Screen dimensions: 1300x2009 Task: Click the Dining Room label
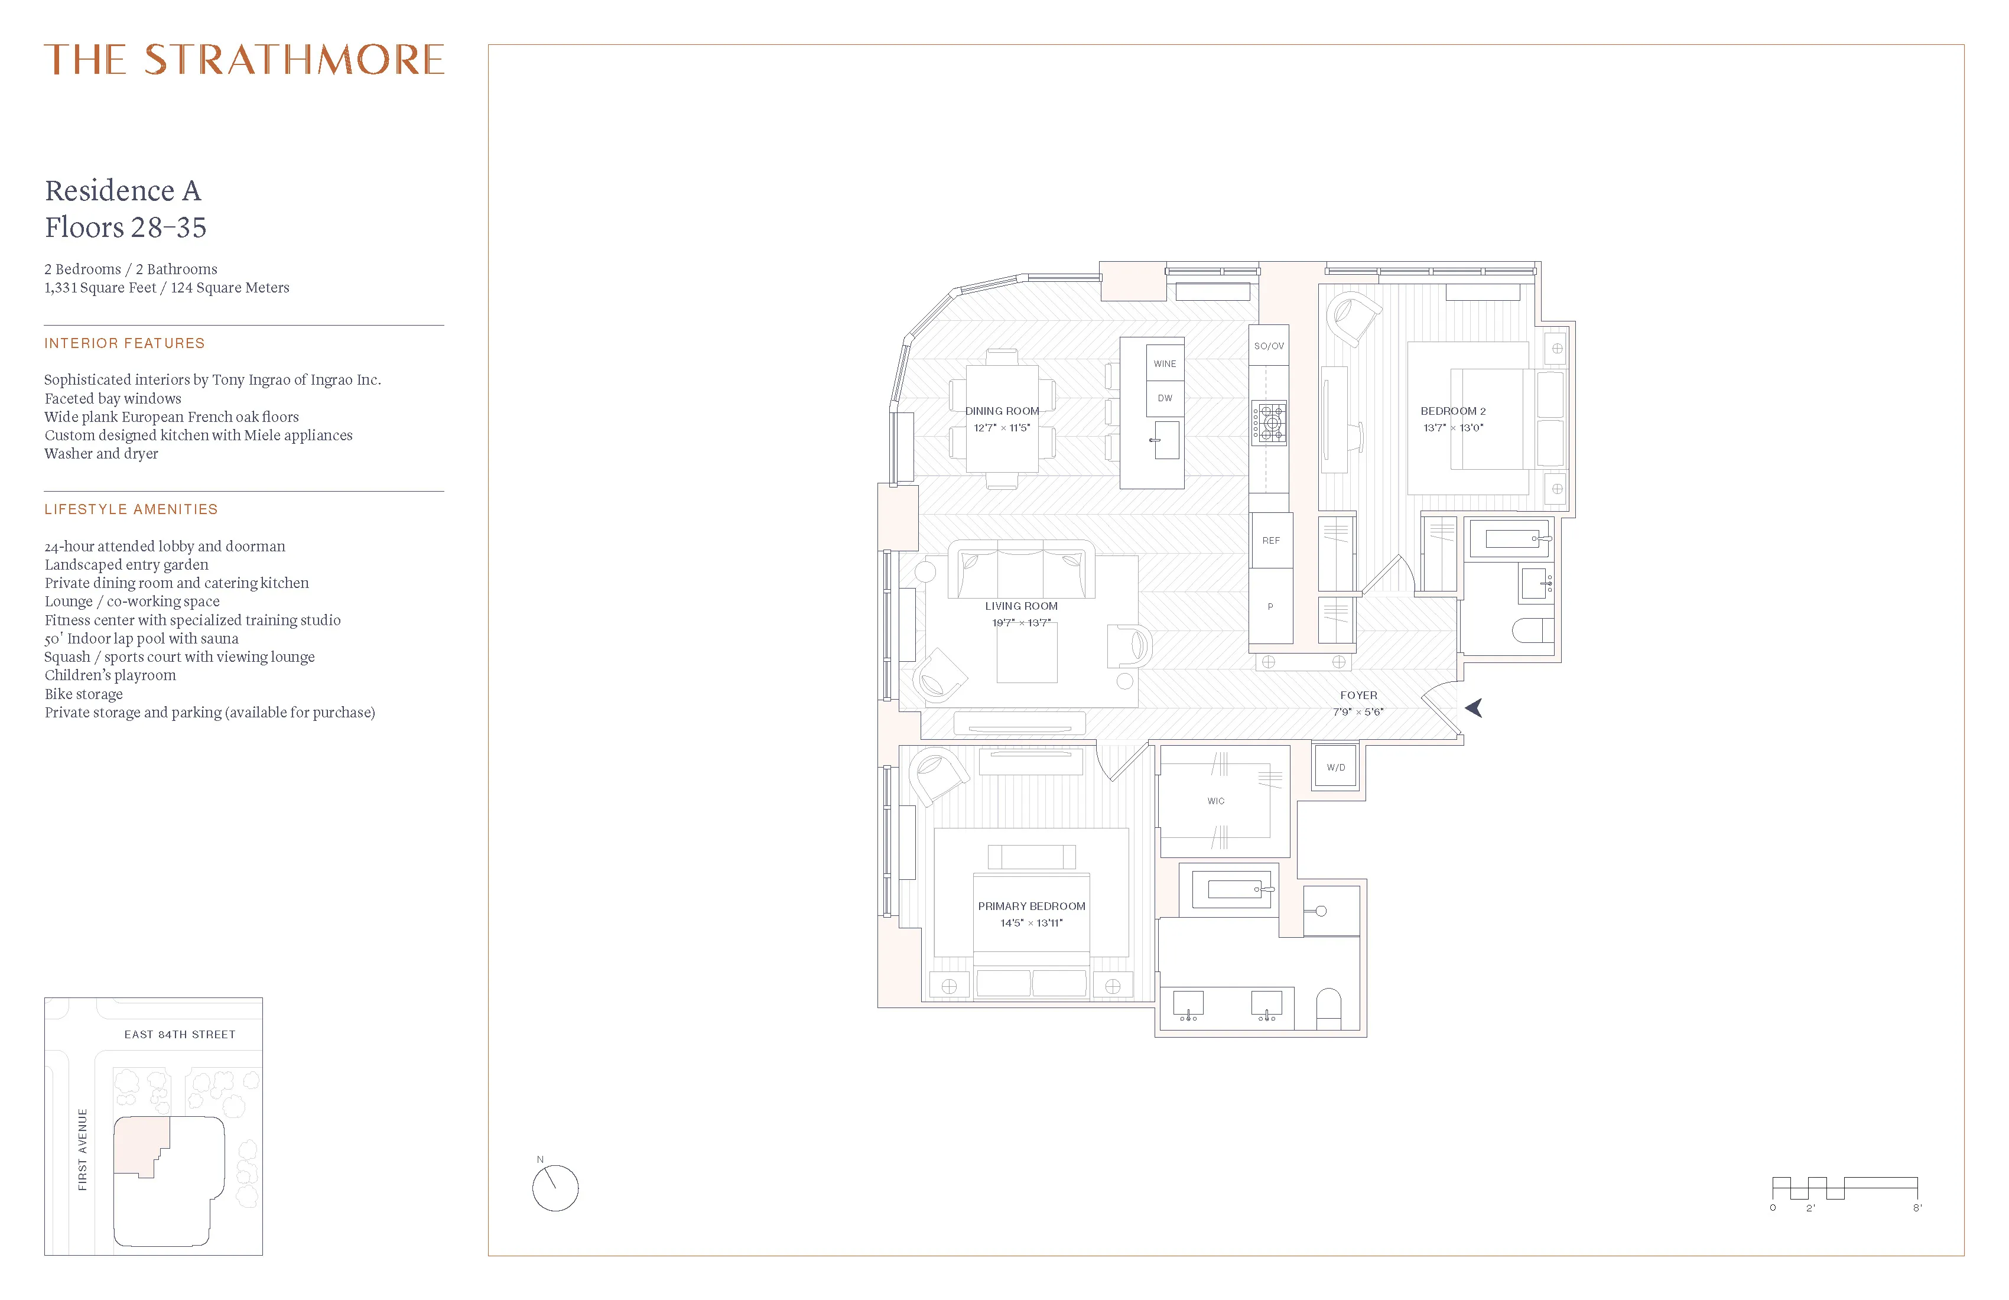1002,411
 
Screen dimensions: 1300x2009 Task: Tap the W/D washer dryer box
1335,768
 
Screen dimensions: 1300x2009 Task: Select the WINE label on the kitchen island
1165,364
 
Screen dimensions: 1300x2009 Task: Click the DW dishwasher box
1165,398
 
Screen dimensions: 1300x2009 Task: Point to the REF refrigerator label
1270,540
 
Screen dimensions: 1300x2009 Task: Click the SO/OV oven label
1269,346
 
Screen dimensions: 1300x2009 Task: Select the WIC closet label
1215,801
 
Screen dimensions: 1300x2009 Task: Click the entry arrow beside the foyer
1475,708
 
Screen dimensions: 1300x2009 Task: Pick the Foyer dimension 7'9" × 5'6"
1358,711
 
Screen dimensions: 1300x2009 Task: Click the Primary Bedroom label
1032,906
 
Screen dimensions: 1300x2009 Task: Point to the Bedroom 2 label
1453,411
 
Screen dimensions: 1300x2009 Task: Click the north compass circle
555,1188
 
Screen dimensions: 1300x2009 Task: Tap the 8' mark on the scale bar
1917,1208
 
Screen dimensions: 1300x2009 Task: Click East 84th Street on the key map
180,1034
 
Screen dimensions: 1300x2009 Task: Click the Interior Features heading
125,343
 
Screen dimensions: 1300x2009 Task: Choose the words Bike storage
83,694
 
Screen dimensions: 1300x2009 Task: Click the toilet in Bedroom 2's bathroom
1532,630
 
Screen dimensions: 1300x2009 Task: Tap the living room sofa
1022,571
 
